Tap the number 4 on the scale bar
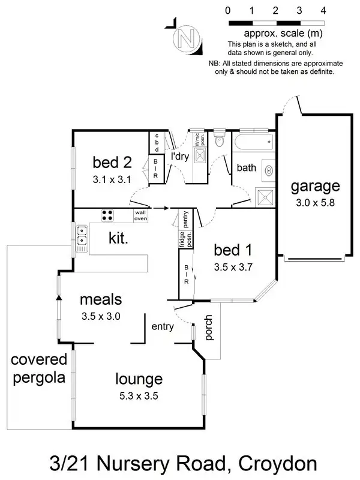point(323,10)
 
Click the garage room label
point(315,186)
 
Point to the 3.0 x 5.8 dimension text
point(315,203)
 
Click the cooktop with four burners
point(108,215)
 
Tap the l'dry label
point(180,157)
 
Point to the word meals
point(101,299)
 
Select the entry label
point(163,326)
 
